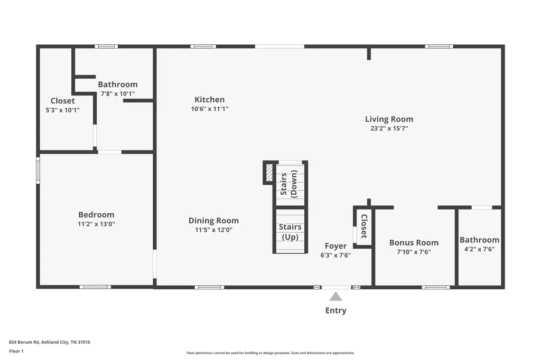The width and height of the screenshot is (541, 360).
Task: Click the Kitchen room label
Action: tap(209, 100)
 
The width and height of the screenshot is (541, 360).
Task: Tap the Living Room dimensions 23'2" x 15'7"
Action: tap(389, 128)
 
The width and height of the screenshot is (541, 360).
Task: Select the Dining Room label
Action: tap(213, 221)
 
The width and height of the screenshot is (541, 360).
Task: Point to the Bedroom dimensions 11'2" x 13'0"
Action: tap(96, 224)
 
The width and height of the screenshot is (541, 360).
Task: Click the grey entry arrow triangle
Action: tap(335, 297)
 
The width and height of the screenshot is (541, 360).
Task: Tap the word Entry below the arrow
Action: tap(335, 310)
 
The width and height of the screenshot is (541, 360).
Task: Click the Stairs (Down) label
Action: tap(289, 184)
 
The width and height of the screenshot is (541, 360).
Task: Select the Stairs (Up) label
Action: tap(290, 232)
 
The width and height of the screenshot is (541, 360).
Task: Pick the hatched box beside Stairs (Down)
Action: tap(269, 173)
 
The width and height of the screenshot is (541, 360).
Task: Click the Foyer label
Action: tap(335, 246)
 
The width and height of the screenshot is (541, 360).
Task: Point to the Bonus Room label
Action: tap(414, 242)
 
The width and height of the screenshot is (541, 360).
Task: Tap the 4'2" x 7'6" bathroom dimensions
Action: tap(479, 249)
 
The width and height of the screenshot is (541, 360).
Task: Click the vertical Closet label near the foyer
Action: tap(364, 226)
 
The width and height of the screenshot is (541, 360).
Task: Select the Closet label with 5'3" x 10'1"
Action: tap(62, 101)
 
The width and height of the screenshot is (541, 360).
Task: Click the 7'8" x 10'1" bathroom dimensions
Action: tap(118, 93)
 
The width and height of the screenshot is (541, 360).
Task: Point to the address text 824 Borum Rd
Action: tap(24, 342)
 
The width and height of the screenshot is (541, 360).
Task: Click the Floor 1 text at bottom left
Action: tap(16, 351)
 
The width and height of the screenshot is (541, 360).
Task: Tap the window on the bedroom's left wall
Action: tap(38, 170)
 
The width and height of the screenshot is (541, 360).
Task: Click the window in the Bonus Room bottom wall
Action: tap(435, 287)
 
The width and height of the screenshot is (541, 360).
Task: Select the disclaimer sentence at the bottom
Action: tap(270, 353)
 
